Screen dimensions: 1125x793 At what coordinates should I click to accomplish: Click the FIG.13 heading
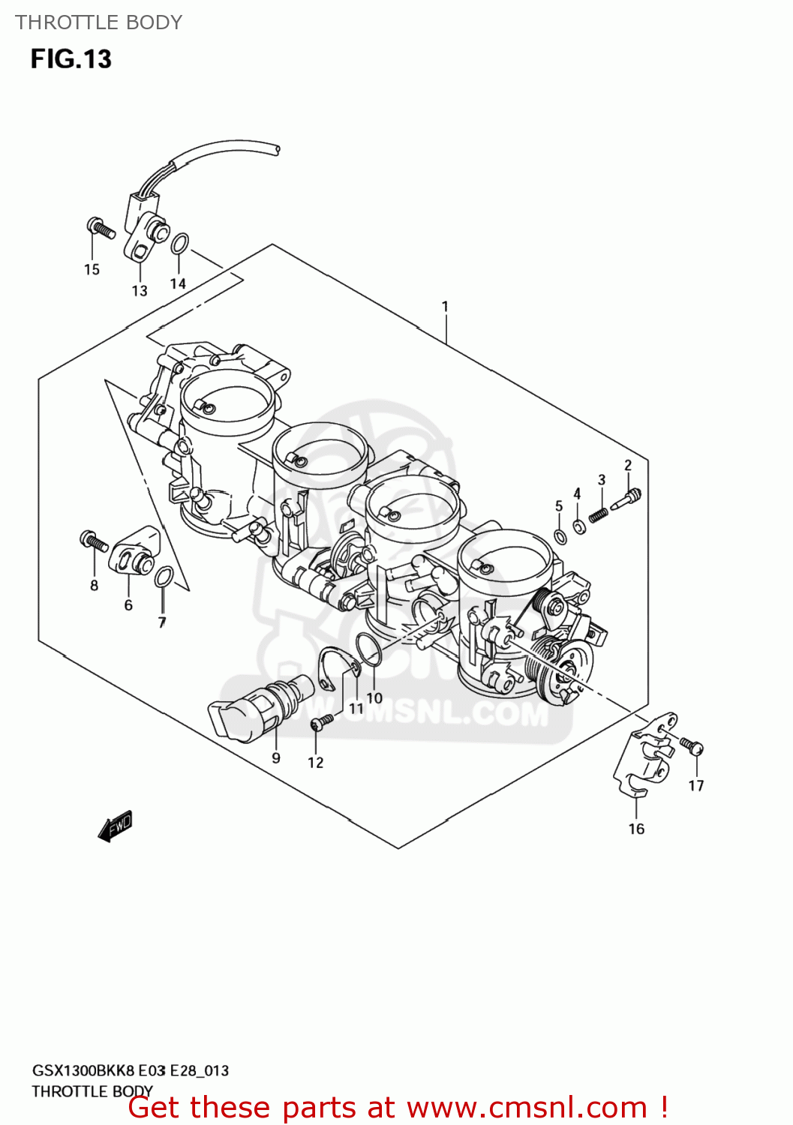tap(71, 58)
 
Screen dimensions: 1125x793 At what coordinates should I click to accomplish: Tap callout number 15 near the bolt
tap(92, 269)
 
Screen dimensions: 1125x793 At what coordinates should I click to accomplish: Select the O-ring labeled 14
tap(179, 244)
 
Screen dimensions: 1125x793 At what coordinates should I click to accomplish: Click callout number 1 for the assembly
tap(445, 306)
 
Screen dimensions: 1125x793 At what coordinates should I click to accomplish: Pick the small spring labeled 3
tap(599, 514)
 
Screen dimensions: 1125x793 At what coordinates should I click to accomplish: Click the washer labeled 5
tap(560, 535)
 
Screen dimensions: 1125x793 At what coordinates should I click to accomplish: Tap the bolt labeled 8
tap(94, 539)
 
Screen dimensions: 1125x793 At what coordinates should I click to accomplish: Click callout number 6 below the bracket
tap(128, 605)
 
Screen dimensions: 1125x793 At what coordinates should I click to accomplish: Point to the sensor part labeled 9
tap(255, 709)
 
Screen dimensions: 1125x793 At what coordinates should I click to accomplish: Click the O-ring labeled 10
tap(368, 649)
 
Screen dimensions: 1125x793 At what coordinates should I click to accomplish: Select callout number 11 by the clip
tap(356, 708)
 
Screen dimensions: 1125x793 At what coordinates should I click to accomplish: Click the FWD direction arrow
tap(115, 826)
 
